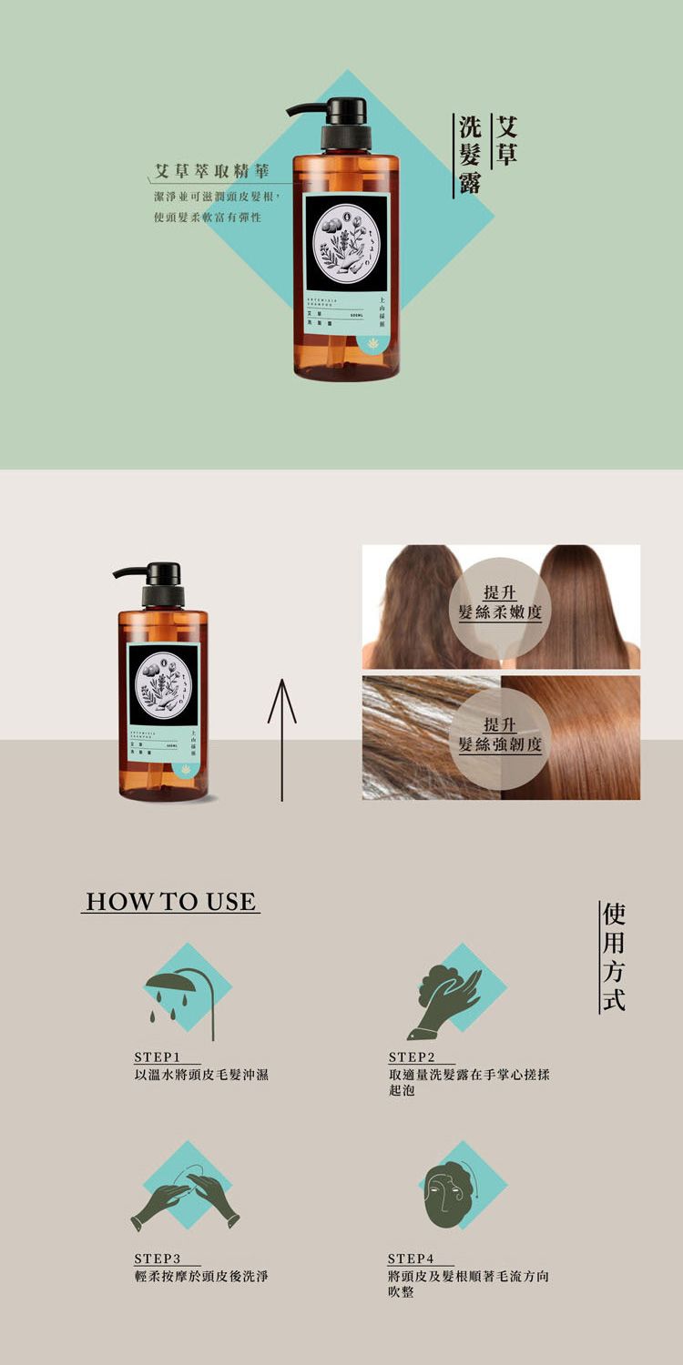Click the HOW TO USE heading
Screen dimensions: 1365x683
coord(170,902)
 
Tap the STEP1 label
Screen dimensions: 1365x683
coord(155,1057)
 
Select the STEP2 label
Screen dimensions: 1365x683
coord(412,1057)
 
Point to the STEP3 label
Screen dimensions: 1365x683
coord(155,1259)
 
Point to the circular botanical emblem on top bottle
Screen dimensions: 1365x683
coord(345,243)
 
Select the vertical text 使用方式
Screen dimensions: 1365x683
coord(613,956)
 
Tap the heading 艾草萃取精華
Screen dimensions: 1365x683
coord(211,171)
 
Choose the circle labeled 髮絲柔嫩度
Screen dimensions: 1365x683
coord(500,603)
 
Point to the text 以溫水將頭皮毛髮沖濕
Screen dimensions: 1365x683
coord(201,1076)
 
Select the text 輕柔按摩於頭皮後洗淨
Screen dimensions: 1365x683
coord(201,1277)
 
